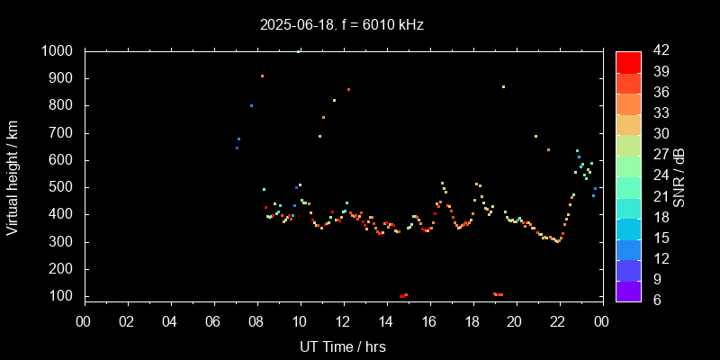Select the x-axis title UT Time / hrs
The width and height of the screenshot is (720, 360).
tap(344, 346)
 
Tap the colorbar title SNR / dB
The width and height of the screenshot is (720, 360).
tap(679, 175)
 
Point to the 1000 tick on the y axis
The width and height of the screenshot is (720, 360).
tap(62, 51)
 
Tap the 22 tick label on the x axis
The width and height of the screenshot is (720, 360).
tap(558, 321)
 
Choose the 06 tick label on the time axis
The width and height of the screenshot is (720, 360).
tap(213, 321)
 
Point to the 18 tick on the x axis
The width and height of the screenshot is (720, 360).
tap(472, 321)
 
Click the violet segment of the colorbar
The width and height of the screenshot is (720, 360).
tap(628, 290)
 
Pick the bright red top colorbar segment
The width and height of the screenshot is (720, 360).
tap(628, 61)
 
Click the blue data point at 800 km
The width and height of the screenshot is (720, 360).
tap(251, 105)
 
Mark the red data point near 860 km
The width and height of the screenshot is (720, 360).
tap(348, 89)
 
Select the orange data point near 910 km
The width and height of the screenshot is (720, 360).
tap(262, 76)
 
